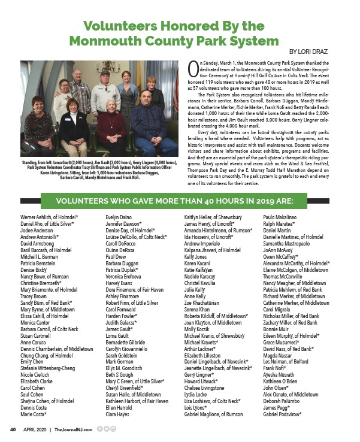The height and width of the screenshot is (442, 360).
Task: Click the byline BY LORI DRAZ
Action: click(314, 52)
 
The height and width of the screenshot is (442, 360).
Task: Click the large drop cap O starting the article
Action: click(193, 67)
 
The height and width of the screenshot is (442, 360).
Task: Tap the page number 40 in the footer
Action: click(11, 429)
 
